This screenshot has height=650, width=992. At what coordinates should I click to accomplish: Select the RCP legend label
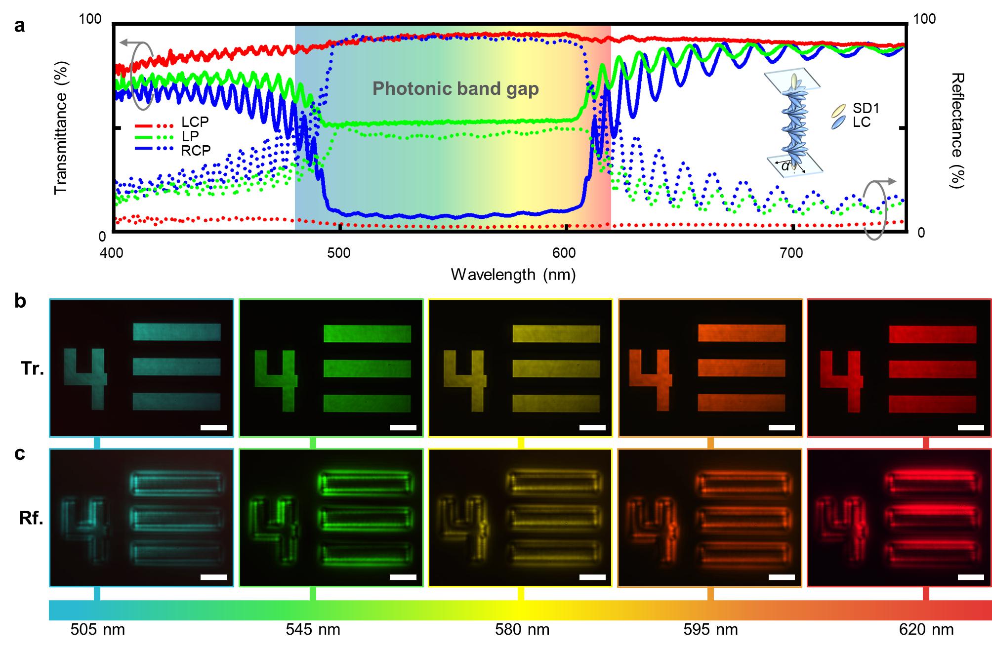tap(196, 150)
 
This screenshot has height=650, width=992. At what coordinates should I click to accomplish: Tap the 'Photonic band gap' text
tap(455, 88)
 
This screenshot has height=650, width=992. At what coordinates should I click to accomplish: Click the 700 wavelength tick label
tap(791, 253)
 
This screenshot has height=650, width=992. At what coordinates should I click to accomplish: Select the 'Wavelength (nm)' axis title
tap(513, 274)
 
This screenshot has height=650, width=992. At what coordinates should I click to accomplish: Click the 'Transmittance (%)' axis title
tap(61, 127)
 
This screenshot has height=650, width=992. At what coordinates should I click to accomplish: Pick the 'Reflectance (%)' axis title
tap(957, 130)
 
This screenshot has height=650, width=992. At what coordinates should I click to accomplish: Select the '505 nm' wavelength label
tap(98, 629)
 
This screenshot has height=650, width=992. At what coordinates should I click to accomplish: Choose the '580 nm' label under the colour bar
tap(522, 629)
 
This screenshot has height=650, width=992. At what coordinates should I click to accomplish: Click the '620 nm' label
tap(926, 629)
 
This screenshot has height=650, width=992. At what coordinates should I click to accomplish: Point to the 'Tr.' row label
tap(33, 368)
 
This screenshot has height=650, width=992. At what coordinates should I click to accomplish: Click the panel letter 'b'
tap(20, 301)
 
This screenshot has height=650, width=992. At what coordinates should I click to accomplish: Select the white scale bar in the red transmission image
tap(970, 427)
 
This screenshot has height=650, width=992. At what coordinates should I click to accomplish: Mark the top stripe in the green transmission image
tap(367, 333)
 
